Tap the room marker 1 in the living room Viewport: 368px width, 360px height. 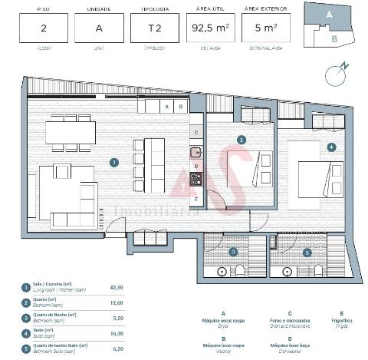coord(113,162)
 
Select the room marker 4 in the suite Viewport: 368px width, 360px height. coord(330,147)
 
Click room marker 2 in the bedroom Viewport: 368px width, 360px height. coord(241,140)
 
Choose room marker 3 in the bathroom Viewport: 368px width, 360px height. coord(233,251)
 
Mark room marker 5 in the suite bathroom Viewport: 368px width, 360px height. coord(306,251)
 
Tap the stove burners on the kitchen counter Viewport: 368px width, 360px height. coord(195,180)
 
